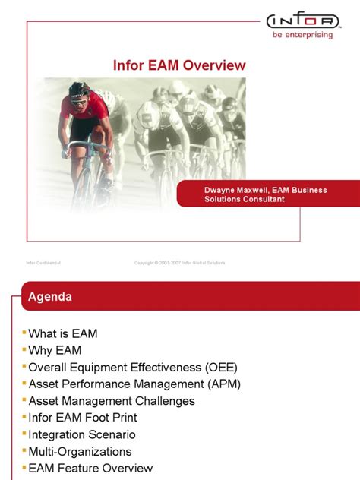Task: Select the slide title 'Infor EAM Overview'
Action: coord(179,65)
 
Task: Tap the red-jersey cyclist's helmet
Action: coord(78,90)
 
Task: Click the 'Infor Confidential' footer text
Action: coord(43,263)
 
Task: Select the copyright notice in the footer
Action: coord(179,263)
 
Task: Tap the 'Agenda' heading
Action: coord(50,297)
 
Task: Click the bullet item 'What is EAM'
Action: coord(63,333)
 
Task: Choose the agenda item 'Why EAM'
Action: coord(55,350)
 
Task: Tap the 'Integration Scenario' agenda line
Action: coord(82,434)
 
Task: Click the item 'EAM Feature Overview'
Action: coord(90,468)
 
